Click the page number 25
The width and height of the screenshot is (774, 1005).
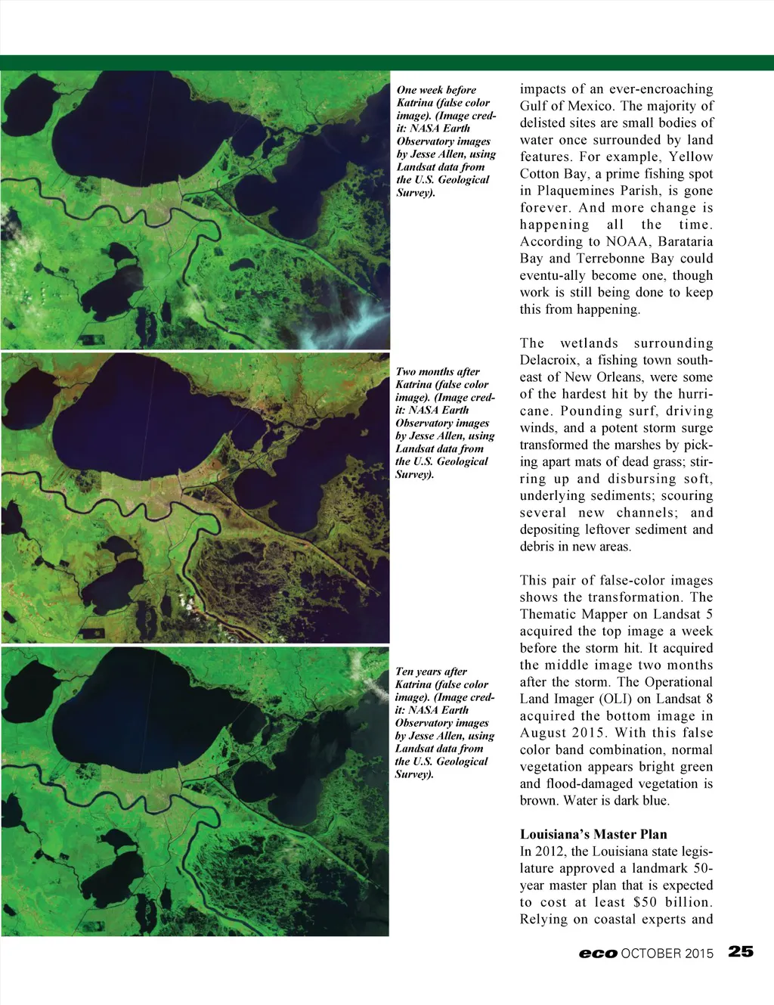click(741, 951)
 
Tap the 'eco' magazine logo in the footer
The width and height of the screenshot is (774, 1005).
click(598, 954)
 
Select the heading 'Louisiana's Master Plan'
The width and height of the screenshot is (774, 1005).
click(593, 834)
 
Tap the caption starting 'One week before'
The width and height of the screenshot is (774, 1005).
click(446, 141)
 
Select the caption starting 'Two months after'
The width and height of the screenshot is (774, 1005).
click(445, 423)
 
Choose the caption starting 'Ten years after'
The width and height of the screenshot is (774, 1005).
click(444, 722)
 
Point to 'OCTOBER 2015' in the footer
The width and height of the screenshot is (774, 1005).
click(667, 954)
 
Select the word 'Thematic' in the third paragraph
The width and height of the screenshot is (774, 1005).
click(548, 614)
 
